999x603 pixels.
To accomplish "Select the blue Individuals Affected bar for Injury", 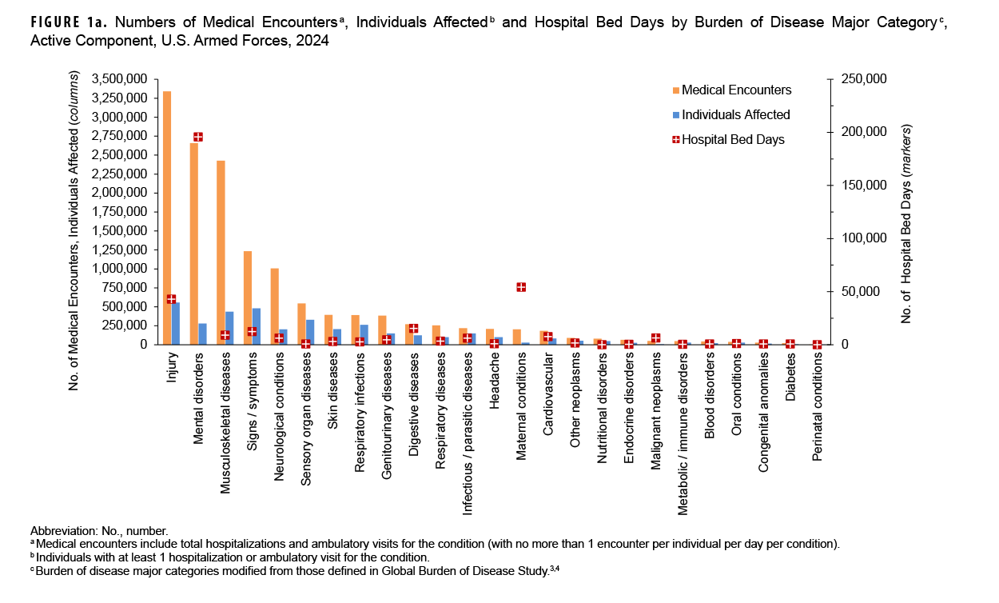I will [176, 323].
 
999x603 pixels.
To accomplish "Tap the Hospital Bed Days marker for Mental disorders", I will [197, 137].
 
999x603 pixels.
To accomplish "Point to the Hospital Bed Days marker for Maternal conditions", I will [521, 287].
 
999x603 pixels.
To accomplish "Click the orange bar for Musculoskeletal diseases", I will [221, 253].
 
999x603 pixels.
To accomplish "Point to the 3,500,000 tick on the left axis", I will [119, 79].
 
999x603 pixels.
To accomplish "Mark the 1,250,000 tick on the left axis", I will [119, 250].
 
